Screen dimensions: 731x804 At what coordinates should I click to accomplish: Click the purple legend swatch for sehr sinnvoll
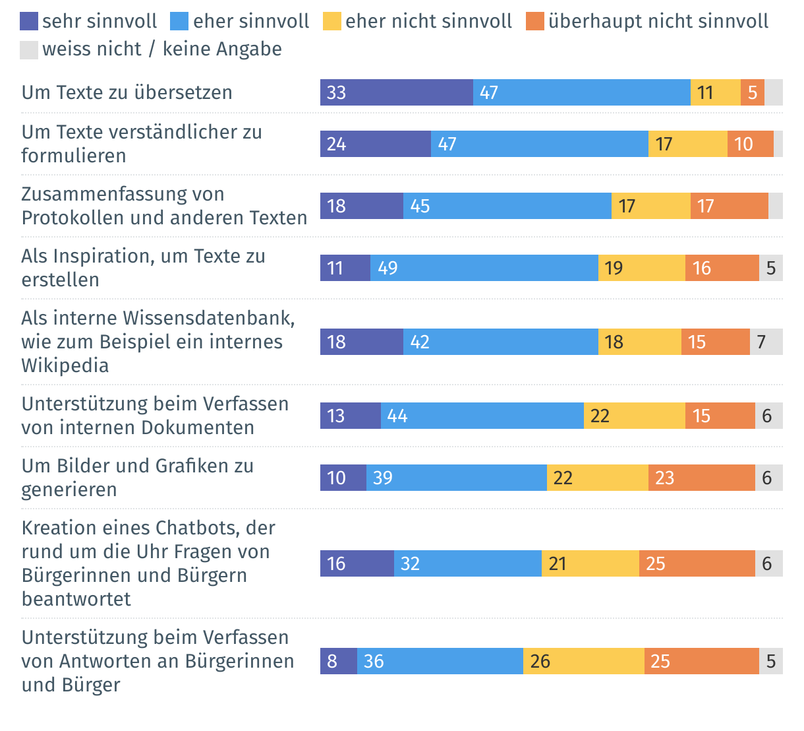[x=29, y=22]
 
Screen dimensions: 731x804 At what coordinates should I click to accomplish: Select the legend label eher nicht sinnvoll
[x=428, y=22]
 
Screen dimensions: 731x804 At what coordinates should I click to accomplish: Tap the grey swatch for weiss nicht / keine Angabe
[x=29, y=49]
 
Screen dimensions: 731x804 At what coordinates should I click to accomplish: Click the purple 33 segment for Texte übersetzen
[x=396, y=92]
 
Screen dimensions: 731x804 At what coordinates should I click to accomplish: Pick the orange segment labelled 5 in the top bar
[x=752, y=92]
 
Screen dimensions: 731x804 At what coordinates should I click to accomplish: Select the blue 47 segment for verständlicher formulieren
[x=540, y=144]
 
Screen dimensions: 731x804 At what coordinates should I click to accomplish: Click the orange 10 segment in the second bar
[x=750, y=144]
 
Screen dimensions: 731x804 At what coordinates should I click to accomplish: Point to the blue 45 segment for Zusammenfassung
[x=507, y=206]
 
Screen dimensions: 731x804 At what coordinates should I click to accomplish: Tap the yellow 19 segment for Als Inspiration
[x=641, y=268]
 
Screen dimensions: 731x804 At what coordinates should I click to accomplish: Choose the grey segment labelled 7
[x=766, y=342]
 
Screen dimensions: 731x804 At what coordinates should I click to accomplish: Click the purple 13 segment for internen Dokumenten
[x=350, y=416]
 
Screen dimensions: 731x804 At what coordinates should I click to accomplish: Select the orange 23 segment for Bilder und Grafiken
[x=701, y=478]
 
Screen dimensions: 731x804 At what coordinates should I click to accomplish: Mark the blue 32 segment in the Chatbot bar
[x=467, y=563]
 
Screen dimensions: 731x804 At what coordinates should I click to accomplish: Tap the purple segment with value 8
[x=338, y=661]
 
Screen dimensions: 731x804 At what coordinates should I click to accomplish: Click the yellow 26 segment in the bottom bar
[x=583, y=661]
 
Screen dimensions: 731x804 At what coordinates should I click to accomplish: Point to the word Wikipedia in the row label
[x=65, y=365]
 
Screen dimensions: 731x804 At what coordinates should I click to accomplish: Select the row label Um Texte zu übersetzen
[x=127, y=92]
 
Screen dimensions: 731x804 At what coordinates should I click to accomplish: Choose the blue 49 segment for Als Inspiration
[x=484, y=268]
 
